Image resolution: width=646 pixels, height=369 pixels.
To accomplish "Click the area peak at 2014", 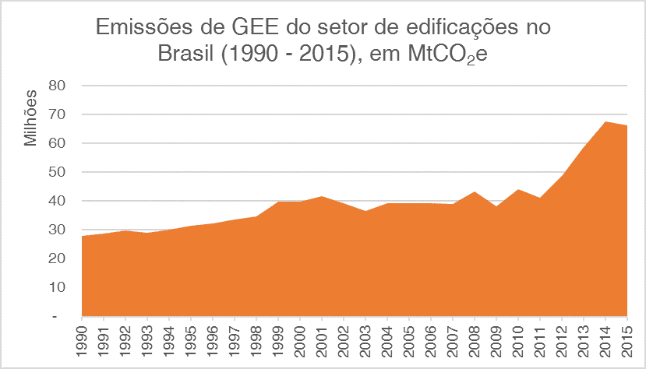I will coord(605,122).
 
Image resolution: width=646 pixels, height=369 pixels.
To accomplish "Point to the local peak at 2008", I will coord(475,192).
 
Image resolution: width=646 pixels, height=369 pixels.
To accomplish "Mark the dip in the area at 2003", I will coord(365,211).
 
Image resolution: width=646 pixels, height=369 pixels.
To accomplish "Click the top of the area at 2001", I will coord(322,196).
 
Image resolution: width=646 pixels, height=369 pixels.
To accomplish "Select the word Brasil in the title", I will coord(184,56).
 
